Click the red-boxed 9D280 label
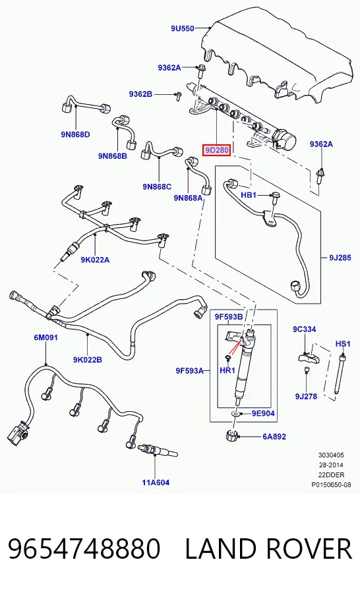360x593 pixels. (x=216, y=150)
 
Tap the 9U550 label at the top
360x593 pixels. (x=182, y=28)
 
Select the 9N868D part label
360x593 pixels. (x=75, y=134)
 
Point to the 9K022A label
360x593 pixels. (x=95, y=260)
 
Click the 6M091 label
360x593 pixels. (x=45, y=337)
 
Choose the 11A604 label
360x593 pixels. (x=156, y=482)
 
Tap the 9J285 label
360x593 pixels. (x=340, y=258)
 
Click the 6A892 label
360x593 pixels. (x=274, y=437)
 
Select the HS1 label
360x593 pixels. (x=343, y=344)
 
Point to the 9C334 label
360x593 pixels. (x=305, y=329)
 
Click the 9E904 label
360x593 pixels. (x=263, y=413)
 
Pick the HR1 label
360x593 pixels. (x=227, y=370)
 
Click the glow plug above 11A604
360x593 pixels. (x=158, y=451)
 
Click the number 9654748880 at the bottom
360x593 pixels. (x=84, y=549)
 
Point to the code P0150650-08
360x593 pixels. (x=331, y=484)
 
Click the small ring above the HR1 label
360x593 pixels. (x=227, y=357)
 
